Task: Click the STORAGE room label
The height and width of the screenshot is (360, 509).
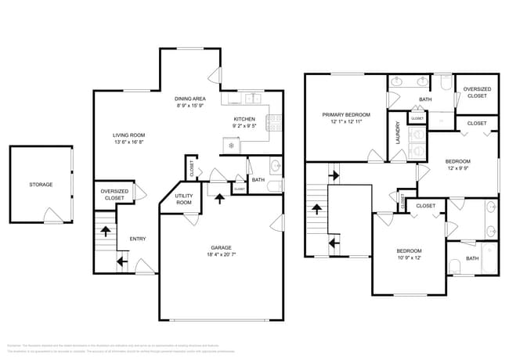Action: click(x=41, y=185)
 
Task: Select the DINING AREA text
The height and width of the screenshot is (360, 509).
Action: click(x=190, y=98)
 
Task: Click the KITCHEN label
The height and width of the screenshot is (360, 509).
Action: click(x=245, y=118)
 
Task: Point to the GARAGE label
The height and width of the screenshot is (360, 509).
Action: click(x=221, y=247)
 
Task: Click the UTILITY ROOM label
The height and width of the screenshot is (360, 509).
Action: click(x=184, y=199)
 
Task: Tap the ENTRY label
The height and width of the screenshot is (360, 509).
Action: click(x=137, y=239)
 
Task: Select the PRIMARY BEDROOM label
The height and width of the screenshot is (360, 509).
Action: click(x=345, y=114)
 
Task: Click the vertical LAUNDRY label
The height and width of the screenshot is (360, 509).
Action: click(x=399, y=133)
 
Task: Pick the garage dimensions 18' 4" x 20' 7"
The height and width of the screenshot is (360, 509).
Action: click(x=221, y=255)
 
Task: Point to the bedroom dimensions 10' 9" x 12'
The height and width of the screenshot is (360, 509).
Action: click(x=408, y=257)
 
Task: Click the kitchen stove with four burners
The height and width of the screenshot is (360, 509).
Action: click(x=275, y=122)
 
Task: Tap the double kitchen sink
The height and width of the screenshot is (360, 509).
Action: click(x=251, y=99)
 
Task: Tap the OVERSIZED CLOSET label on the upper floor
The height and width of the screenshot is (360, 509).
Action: click(x=477, y=92)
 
